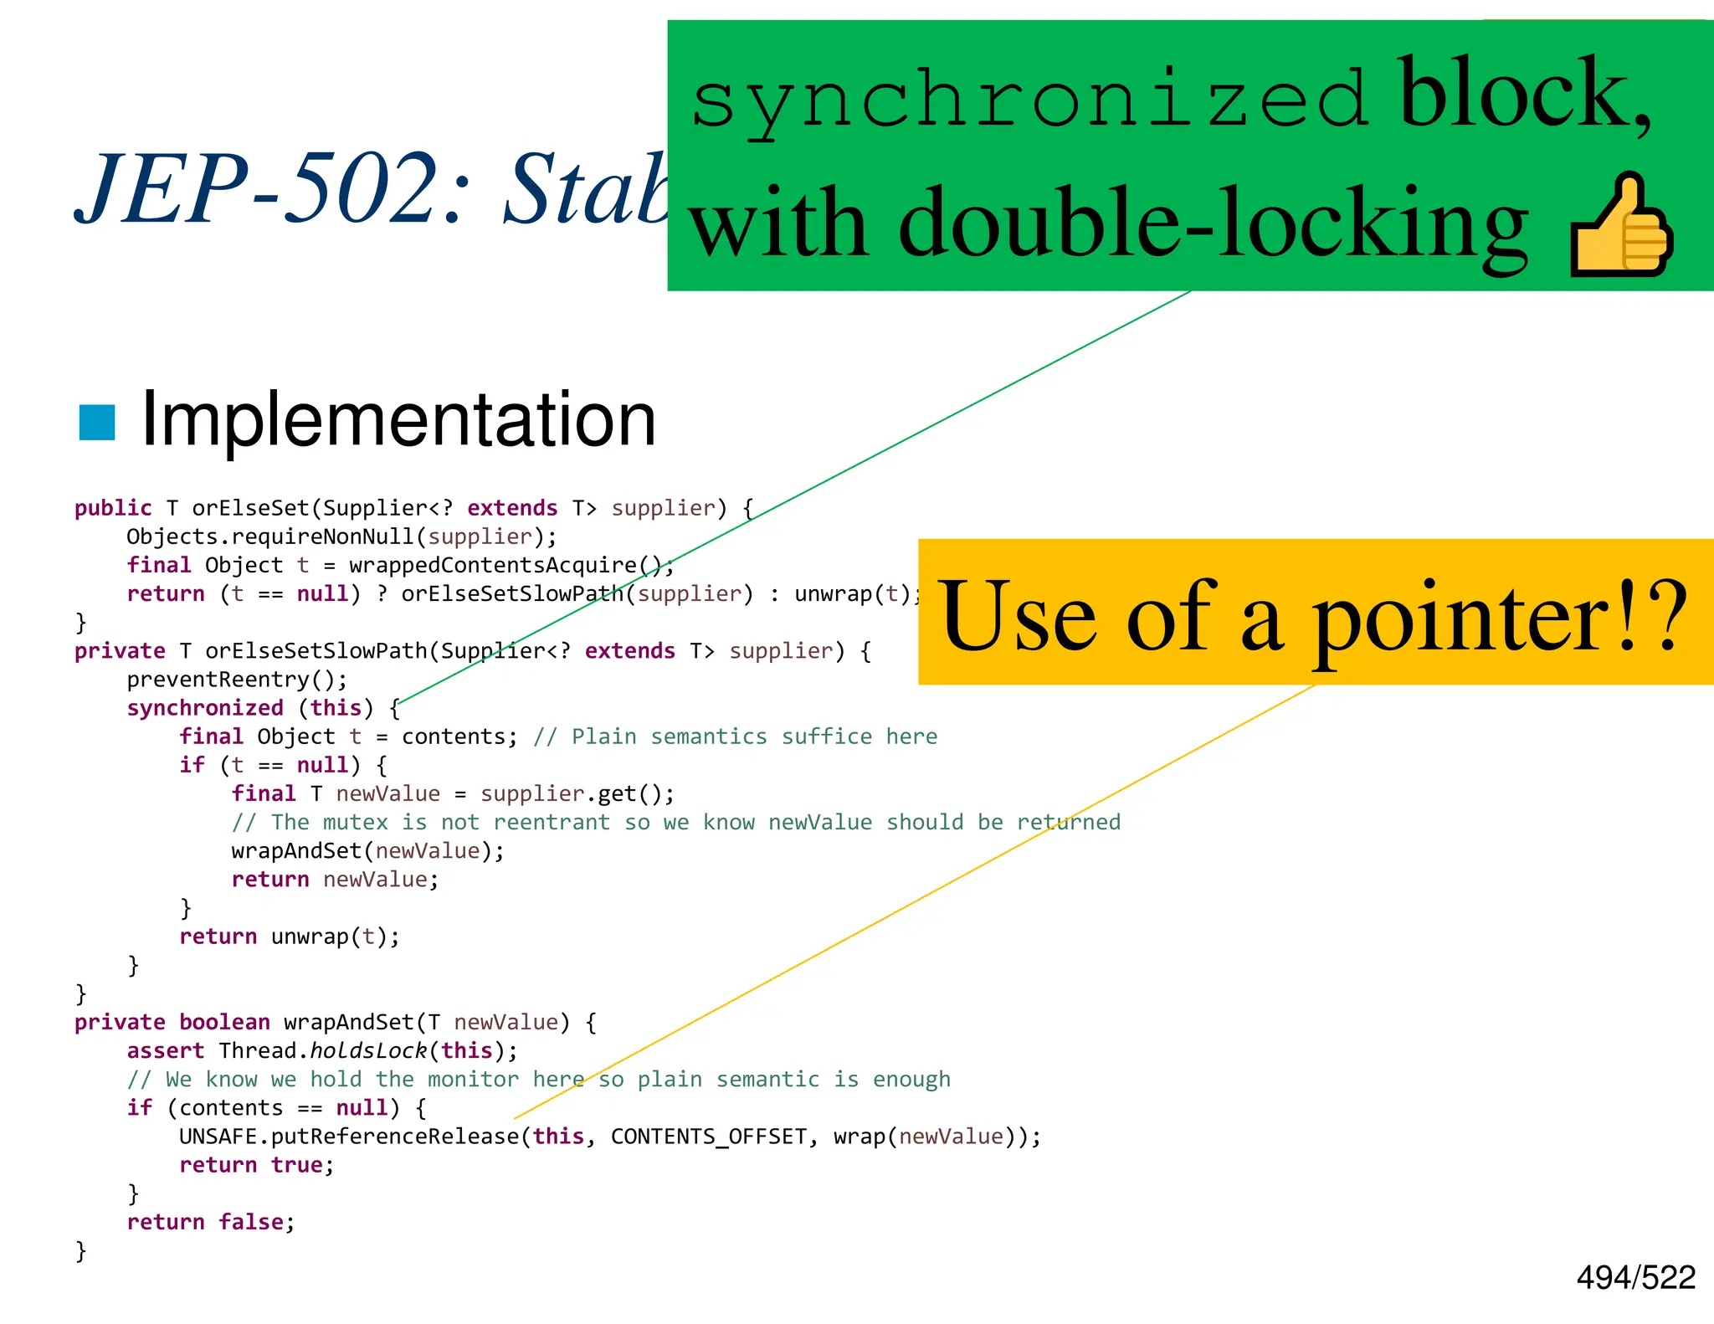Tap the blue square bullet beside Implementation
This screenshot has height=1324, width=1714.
(96, 423)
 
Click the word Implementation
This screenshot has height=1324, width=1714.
(398, 420)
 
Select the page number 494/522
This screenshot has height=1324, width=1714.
(1635, 1277)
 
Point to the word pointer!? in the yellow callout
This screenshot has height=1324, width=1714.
(1498, 618)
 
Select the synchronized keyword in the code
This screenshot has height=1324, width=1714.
(205, 708)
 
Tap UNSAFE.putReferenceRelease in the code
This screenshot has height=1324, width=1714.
(349, 1137)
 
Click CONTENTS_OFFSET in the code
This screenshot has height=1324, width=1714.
(709, 1137)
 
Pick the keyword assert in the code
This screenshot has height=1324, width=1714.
(166, 1051)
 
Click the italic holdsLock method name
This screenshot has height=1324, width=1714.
(368, 1051)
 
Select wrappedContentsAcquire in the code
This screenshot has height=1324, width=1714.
(493, 566)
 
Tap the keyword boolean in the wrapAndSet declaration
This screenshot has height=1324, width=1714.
(224, 1023)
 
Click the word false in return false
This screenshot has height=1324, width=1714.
(251, 1222)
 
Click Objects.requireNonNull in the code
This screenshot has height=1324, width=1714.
(270, 537)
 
